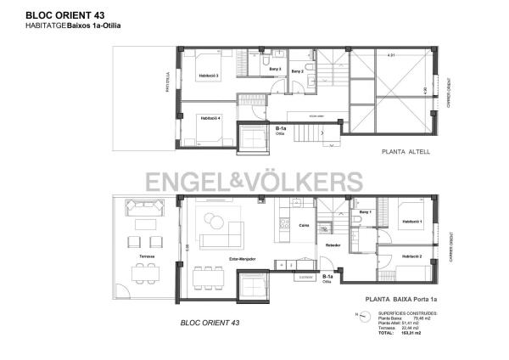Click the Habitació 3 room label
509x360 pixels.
coord(209,76)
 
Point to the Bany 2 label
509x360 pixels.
coord(297,71)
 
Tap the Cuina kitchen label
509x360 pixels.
coord(304,225)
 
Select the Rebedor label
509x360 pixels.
coord(333,245)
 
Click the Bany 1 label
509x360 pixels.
coord(365,211)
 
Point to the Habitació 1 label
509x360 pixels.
coord(411,222)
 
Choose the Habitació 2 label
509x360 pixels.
coord(411,256)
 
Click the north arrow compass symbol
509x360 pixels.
coord(363,315)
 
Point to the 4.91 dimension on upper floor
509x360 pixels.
coord(391,56)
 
